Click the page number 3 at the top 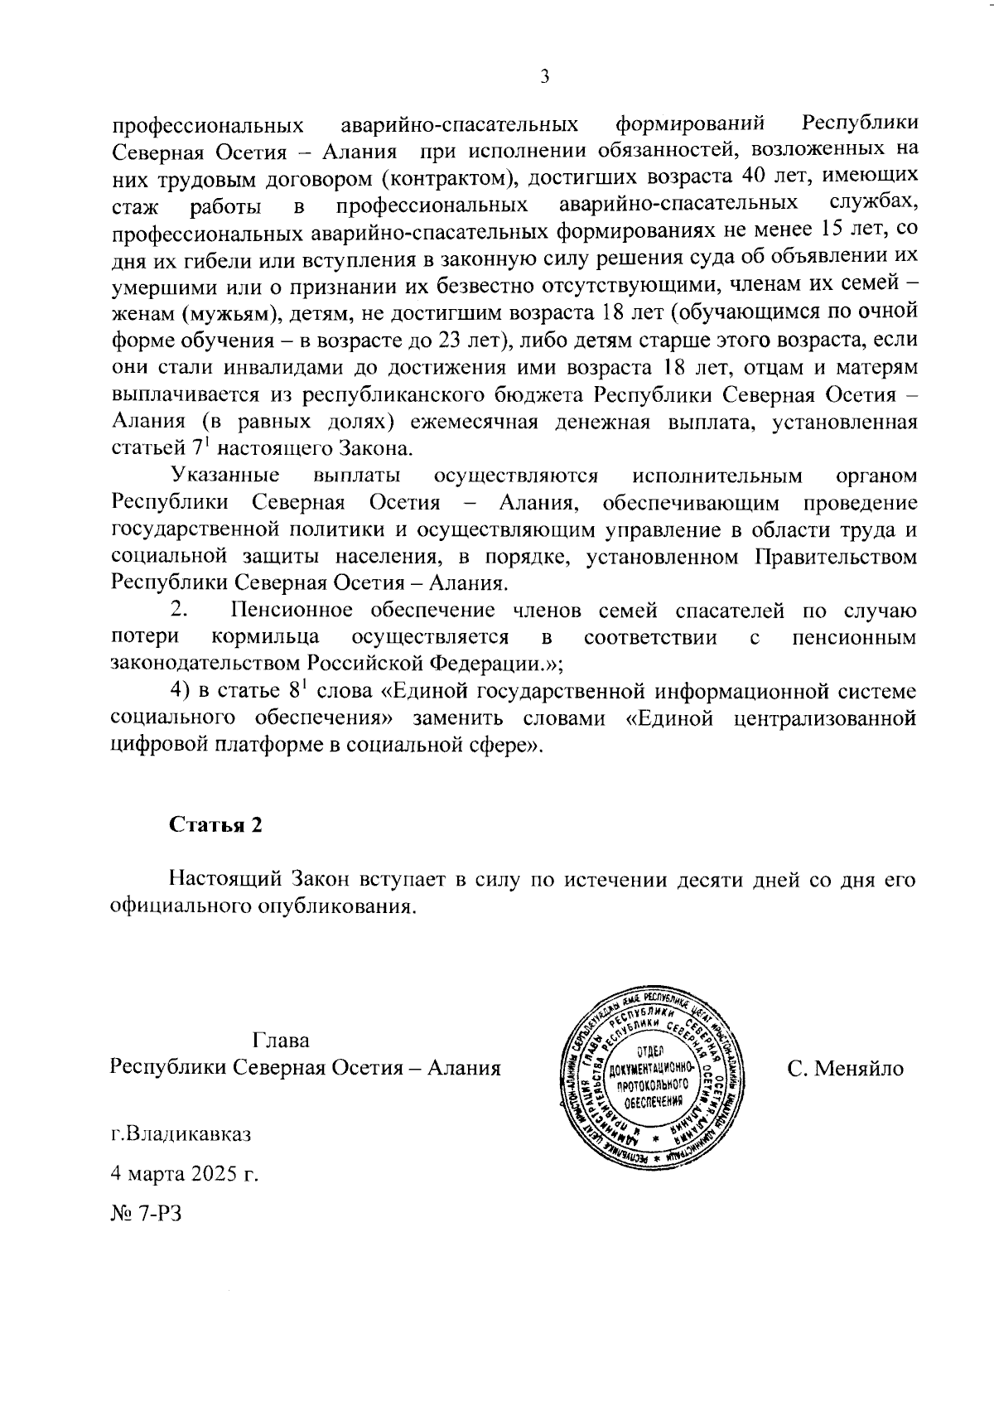(x=544, y=77)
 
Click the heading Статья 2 (x=215, y=825)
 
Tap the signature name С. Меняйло (x=846, y=1068)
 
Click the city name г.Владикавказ (x=181, y=1133)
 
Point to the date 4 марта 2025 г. (x=185, y=1173)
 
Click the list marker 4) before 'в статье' (x=180, y=691)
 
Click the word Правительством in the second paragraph (x=836, y=557)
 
